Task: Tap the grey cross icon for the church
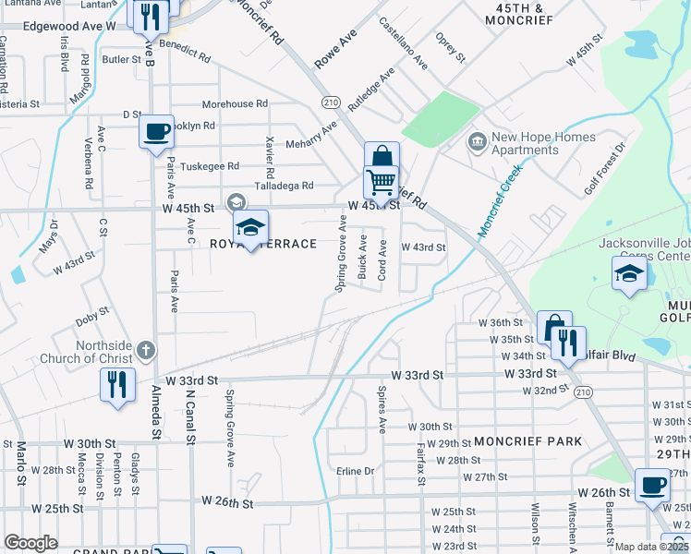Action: tap(145, 350)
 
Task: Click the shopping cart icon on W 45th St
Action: tap(381, 181)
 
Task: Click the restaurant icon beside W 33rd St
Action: tap(117, 383)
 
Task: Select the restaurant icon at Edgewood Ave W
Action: tap(149, 16)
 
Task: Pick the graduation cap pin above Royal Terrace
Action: tap(250, 227)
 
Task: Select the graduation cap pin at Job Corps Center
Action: tap(629, 273)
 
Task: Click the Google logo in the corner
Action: tap(30, 542)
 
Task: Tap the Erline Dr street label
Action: tap(355, 471)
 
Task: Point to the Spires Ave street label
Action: tap(381, 410)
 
